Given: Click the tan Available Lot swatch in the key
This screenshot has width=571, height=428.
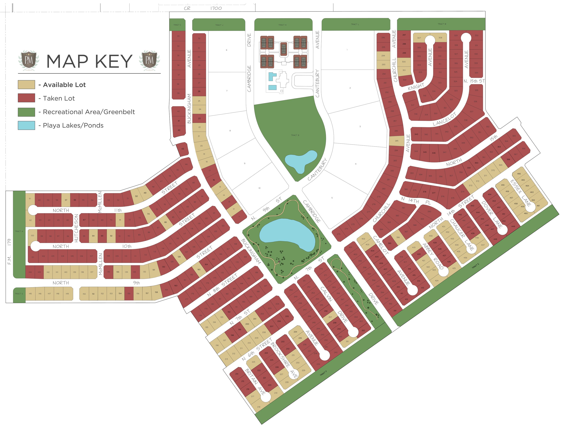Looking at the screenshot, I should (26, 85).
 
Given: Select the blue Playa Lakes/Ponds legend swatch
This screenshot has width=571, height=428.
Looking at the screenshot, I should (26, 125).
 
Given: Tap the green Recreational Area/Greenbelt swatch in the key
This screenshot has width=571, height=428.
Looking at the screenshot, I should (26, 112).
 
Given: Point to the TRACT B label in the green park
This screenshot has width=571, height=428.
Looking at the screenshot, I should (295, 135).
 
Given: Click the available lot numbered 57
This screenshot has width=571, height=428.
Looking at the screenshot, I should (66, 200).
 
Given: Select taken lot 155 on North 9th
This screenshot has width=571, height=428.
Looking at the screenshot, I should (129, 294).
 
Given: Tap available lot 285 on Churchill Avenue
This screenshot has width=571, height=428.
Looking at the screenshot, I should (397, 141).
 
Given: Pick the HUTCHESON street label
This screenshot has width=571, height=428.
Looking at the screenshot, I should (76, 228).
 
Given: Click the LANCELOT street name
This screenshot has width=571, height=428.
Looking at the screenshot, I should (445, 119).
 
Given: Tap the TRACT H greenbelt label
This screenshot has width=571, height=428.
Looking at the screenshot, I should (19, 231).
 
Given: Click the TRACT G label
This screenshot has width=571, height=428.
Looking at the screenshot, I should (19, 294).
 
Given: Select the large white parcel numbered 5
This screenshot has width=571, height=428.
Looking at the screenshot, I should (332, 198).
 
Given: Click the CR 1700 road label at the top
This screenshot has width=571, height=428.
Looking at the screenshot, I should (203, 8).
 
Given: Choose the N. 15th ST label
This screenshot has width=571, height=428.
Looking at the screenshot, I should (474, 81).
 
